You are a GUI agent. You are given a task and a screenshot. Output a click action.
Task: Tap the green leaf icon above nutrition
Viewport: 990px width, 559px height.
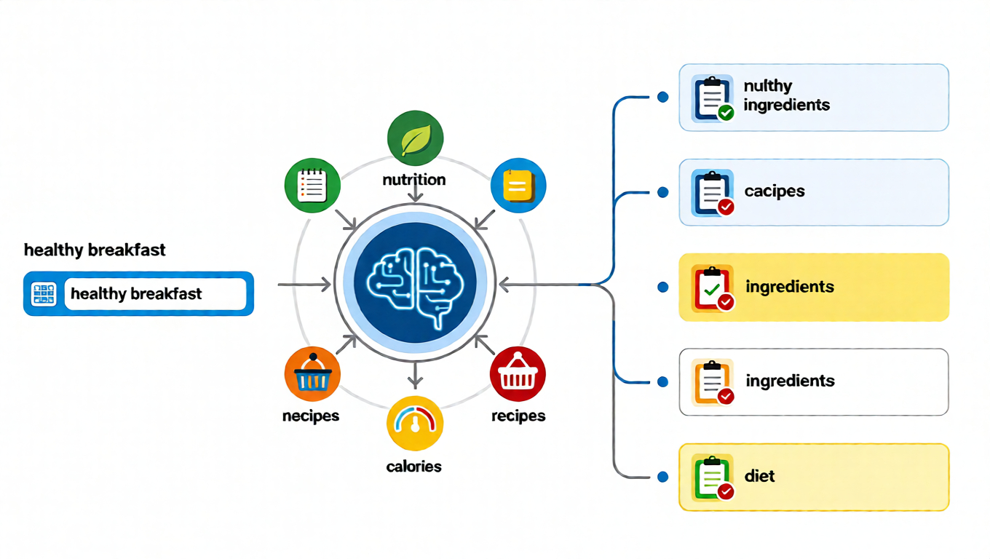pyautogui.click(x=415, y=138)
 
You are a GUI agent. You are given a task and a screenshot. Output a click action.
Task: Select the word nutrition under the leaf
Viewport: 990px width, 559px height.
pyautogui.click(x=414, y=179)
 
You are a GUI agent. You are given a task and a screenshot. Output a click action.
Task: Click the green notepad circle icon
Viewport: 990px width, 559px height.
pyautogui.click(x=312, y=186)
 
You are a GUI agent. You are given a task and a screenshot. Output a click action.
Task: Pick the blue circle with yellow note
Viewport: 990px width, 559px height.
pyautogui.click(x=518, y=186)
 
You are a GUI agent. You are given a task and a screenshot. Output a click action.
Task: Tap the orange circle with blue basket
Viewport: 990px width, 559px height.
pyautogui.click(x=312, y=374)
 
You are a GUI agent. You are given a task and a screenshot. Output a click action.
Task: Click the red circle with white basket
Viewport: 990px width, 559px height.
pyautogui.click(x=518, y=374)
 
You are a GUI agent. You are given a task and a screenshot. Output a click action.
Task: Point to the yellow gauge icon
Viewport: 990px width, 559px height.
pyautogui.click(x=415, y=424)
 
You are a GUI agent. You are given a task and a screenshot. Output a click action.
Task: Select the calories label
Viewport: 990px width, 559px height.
pyautogui.click(x=414, y=467)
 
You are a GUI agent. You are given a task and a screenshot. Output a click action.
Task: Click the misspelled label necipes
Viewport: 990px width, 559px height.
pyautogui.click(x=311, y=416)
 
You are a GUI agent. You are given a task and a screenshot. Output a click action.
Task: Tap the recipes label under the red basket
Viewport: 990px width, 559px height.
pyautogui.click(x=518, y=416)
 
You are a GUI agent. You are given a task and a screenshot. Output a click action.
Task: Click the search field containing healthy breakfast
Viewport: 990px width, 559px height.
pyautogui.click(x=155, y=294)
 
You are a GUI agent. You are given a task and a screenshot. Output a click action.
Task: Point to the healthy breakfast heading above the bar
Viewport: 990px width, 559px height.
pyautogui.click(x=95, y=250)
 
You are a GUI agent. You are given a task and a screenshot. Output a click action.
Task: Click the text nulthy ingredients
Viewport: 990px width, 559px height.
pyautogui.click(x=786, y=95)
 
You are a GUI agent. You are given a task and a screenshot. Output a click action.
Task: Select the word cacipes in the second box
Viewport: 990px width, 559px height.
pyautogui.click(x=775, y=191)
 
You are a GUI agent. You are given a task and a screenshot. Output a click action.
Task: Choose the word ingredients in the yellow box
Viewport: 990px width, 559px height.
pyautogui.click(x=790, y=287)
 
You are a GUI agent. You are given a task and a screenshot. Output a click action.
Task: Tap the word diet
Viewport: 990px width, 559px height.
pyautogui.click(x=760, y=477)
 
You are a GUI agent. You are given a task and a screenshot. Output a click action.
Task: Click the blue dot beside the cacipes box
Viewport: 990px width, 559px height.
pyautogui.click(x=662, y=192)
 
